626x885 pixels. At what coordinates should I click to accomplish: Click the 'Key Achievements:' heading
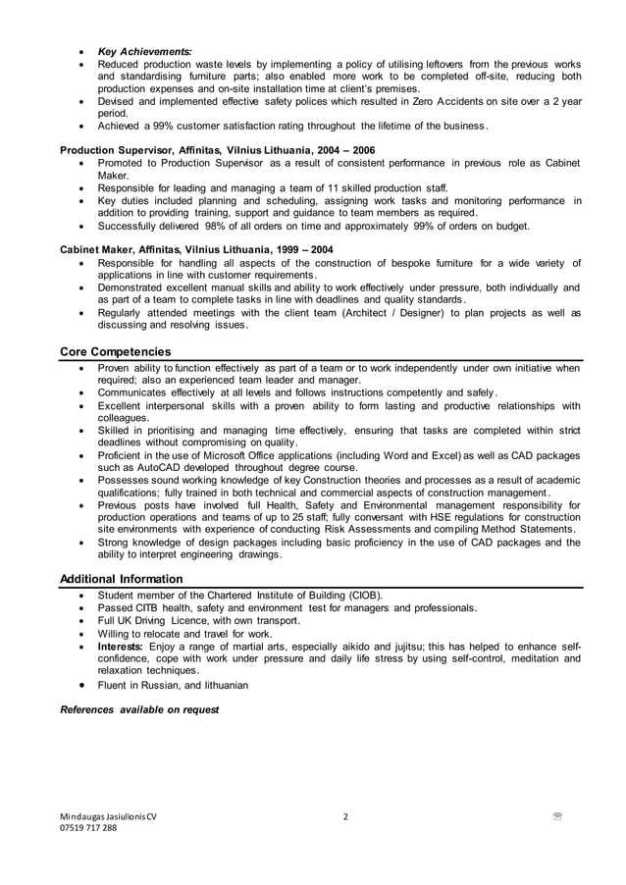[144, 51]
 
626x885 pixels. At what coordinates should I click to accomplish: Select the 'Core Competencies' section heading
[116, 351]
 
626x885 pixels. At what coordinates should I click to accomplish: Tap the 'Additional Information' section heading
[122, 579]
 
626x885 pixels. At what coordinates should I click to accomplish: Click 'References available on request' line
[139, 708]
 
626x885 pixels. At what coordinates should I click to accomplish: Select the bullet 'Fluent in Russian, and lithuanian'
[173, 685]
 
